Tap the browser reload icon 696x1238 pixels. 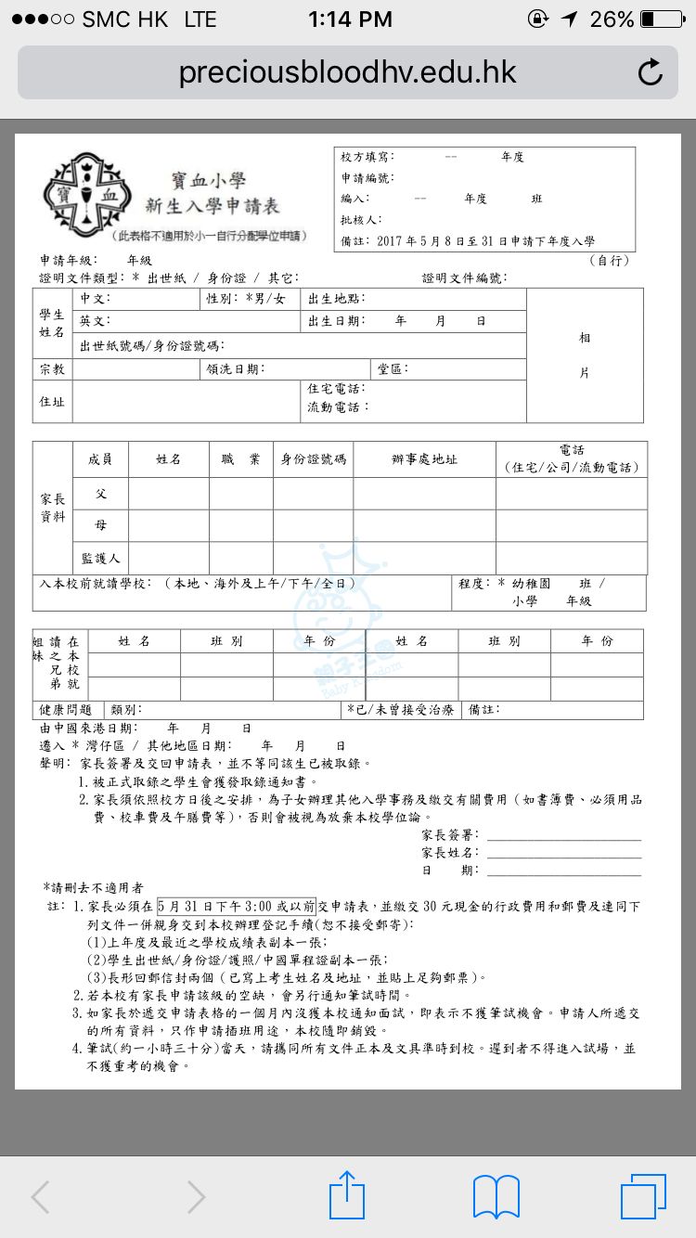coord(651,72)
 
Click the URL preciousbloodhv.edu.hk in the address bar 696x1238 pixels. coord(347,72)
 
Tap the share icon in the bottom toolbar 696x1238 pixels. coord(347,1195)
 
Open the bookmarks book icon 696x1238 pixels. coord(496,1195)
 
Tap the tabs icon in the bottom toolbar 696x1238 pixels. coord(643,1195)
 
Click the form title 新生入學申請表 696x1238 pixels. coord(212,205)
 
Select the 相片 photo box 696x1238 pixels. coord(584,355)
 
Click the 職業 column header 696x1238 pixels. coord(240,459)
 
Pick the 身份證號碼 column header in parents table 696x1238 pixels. coord(313,459)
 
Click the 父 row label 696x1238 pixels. coord(101,494)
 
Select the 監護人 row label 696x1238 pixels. coord(101,558)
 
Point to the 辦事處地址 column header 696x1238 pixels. coord(424,459)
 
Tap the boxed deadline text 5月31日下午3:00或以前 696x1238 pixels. coord(237,906)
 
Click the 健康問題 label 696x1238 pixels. coord(66,710)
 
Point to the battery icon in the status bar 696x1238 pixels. coord(660,19)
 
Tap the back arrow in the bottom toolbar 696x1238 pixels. coord(40,1196)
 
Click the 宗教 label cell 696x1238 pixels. coord(53,369)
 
